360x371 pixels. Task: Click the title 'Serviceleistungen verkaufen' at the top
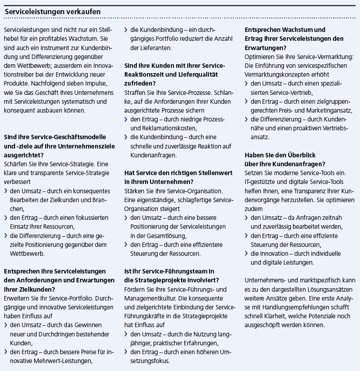click(53, 11)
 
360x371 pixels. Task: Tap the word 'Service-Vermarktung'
click(325, 57)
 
